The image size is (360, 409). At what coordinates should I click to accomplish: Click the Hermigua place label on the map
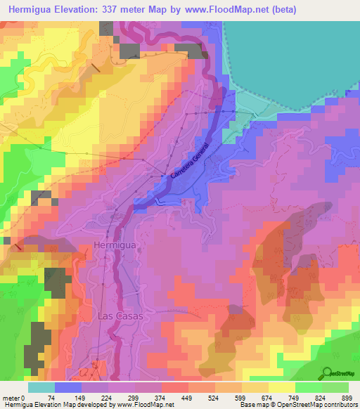[114, 245]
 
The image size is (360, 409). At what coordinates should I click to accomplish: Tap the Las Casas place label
[120, 316]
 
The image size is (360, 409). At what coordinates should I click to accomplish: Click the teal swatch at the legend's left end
[41, 388]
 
